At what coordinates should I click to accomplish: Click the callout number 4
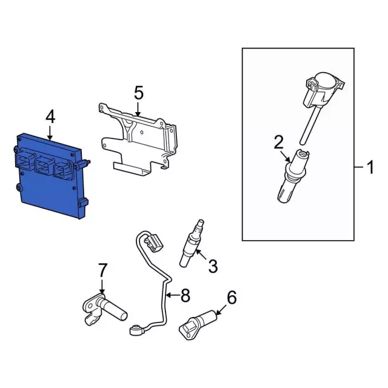click(50, 117)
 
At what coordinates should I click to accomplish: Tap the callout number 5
click(139, 93)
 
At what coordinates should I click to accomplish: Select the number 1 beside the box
click(370, 167)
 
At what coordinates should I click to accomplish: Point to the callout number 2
click(278, 142)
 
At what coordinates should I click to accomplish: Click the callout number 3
click(213, 266)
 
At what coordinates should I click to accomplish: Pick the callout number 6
click(232, 298)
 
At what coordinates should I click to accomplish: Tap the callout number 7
click(103, 270)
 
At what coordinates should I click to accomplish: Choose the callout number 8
click(185, 295)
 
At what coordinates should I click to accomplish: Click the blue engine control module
click(51, 176)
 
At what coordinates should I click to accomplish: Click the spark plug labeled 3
click(192, 243)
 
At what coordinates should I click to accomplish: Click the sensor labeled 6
click(197, 324)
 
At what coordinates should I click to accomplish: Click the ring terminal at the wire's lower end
click(135, 330)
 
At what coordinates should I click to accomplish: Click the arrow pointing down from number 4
click(50, 133)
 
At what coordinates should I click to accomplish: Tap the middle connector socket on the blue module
click(44, 164)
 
